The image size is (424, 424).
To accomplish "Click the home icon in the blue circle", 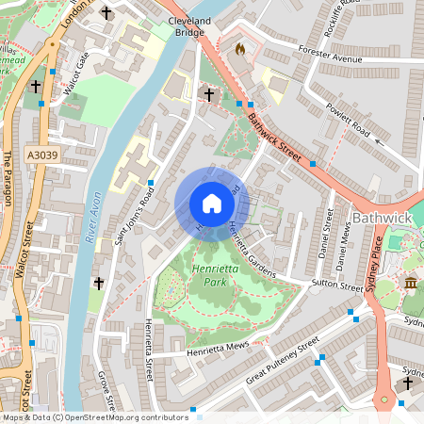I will [x=212, y=204].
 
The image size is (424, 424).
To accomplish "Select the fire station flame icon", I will [x=239, y=47].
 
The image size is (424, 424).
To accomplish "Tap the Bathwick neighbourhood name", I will [x=384, y=219].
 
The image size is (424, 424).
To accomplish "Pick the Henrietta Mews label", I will [x=218, y=348].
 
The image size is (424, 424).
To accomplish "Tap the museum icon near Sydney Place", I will [x=411, y=284].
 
